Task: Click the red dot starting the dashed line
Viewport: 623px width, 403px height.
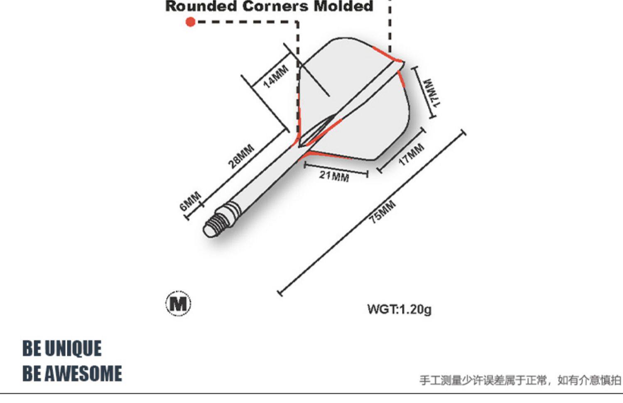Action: (190, 22)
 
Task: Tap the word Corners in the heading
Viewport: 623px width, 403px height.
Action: (275, 6)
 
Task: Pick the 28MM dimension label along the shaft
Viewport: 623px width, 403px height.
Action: (241, 156)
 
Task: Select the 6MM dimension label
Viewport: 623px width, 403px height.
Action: (190, 201)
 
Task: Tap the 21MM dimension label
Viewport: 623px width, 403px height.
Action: (334, 176)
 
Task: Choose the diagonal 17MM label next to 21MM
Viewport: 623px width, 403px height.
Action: (411, 154)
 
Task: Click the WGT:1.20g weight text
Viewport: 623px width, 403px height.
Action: (399, 309)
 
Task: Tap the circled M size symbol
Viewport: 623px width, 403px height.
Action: (178, 304)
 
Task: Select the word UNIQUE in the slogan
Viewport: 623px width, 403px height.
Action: (73, 348)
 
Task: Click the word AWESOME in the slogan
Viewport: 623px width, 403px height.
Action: (83, 373)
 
